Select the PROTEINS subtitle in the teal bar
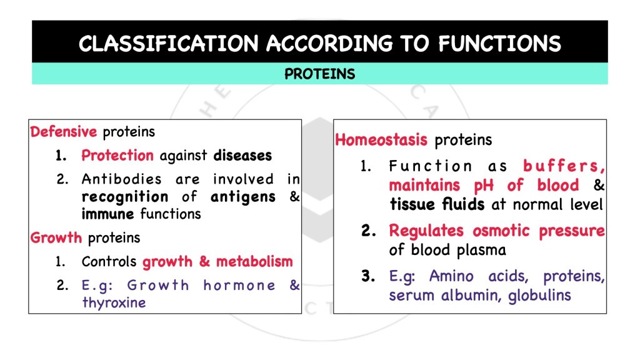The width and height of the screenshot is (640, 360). [319, 74]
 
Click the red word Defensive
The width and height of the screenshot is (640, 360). [64, 132]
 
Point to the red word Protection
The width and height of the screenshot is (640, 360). [117, 156]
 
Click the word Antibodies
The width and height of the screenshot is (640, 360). [121, 179]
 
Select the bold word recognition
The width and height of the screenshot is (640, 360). [125, 197]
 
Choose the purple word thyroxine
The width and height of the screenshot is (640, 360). [114, 302]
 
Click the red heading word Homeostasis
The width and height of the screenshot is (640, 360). [381, 140]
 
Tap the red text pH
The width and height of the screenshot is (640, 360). [484, 186]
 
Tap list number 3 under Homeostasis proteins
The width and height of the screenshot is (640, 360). [368, 276]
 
